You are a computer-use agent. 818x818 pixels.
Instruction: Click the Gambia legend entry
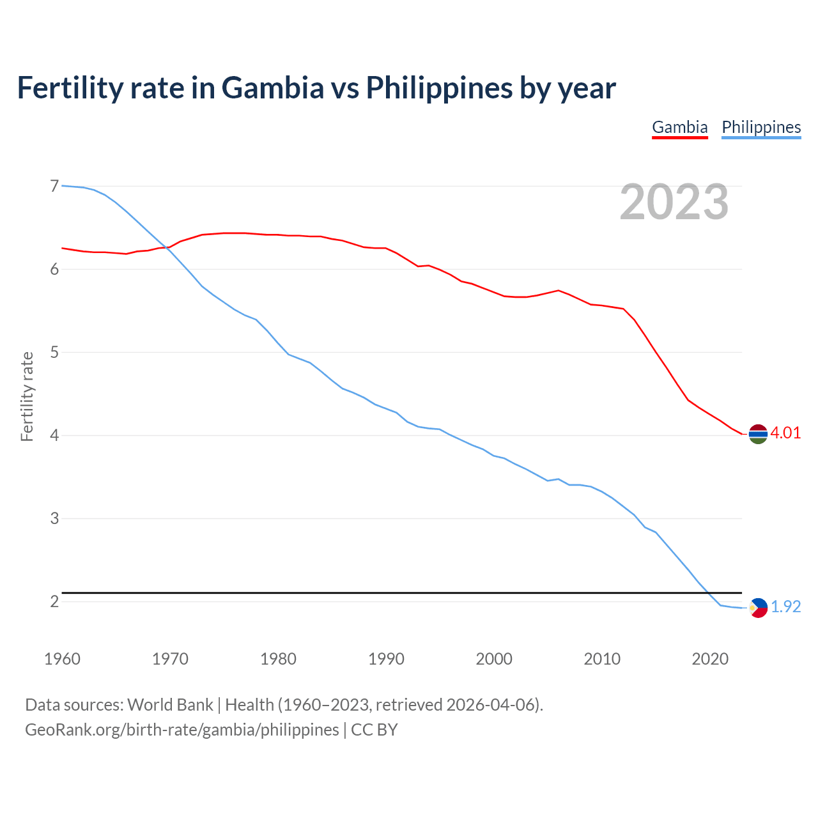click(679, 127)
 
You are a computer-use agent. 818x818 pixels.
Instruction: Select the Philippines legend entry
click(761, 127)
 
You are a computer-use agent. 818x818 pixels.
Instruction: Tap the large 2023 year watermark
click(674, 202)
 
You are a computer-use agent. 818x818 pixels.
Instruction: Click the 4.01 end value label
click(785, 433)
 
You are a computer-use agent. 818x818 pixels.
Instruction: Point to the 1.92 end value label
click(785, 606)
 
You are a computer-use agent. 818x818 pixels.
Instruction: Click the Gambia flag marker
click(758, 434)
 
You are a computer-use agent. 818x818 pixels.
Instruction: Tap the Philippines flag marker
click(758, 608)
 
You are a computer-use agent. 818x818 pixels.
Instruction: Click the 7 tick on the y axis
click(54, 186)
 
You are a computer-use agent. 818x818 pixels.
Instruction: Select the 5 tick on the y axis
click(54, 352)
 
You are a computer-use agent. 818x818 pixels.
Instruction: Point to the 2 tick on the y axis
click(54, 601)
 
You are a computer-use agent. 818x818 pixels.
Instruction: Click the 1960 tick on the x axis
click(62, 659)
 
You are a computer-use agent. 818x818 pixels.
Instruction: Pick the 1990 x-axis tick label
click(386, 659)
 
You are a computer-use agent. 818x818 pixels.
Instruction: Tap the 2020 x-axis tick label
click(710, 659)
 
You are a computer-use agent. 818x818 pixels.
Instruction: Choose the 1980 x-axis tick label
click(278, 659)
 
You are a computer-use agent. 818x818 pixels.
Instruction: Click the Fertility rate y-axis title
click(27, 396)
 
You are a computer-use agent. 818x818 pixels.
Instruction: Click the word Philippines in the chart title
click(439, 88)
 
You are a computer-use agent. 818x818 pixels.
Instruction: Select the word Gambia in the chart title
click(273, 88)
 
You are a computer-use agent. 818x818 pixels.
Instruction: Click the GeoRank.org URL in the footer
click(182, 730)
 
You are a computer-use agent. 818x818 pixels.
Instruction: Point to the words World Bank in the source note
click(170, 705)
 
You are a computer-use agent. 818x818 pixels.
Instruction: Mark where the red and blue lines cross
click(167, 248)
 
